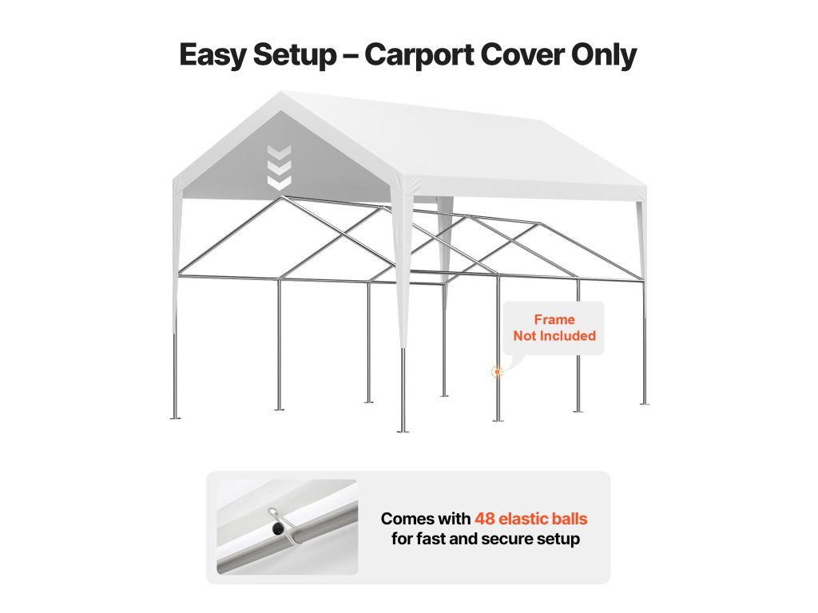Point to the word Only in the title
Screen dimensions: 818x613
(606, 55)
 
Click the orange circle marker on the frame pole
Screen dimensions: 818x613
(498, 371)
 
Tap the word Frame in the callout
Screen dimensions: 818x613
(554, 319)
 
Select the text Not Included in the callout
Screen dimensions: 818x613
(554, 335)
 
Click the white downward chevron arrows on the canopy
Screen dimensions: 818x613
(279, 168)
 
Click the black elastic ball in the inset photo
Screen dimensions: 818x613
(276, 528)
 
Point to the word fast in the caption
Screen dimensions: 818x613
(435, 539)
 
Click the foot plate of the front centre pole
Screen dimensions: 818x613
(403, 430)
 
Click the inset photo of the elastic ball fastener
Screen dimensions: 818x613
(287, 527)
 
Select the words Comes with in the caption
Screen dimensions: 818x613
(424, 519)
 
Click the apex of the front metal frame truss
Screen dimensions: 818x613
(280, 197)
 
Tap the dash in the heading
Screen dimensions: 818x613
(351, 56)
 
